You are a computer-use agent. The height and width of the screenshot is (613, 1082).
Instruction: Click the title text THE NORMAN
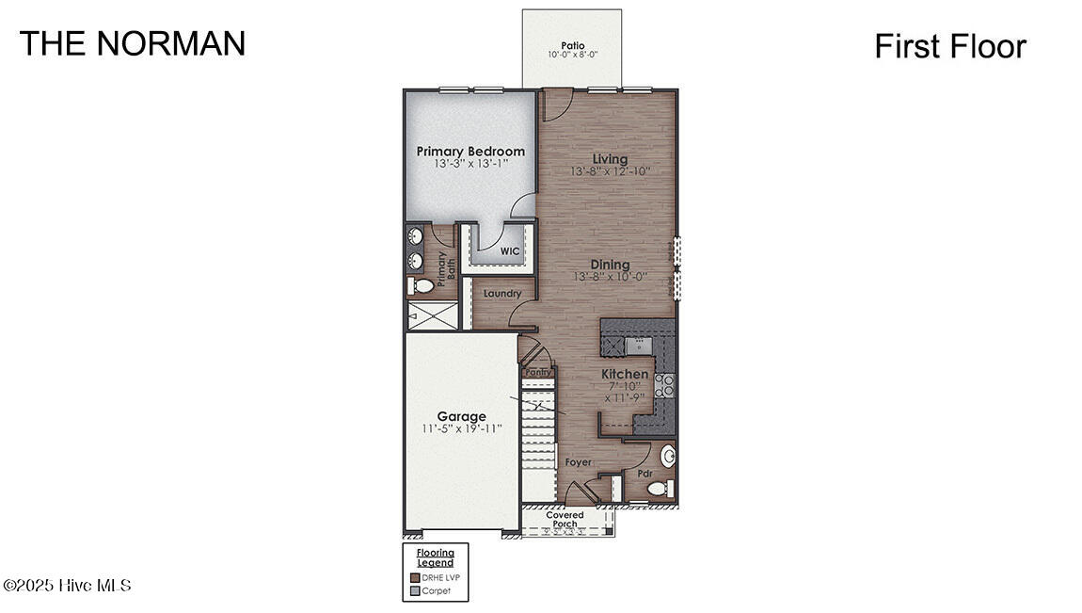(133, 43)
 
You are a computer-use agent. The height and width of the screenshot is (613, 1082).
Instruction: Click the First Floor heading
(949, 46)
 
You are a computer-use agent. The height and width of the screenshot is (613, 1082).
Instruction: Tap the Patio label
(572, 45)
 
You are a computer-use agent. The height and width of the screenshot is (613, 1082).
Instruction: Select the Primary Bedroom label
(470, 152)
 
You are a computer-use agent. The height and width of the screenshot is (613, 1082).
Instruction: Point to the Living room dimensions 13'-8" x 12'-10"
(610, 172)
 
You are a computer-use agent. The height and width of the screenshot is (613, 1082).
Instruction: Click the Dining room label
(610, 265)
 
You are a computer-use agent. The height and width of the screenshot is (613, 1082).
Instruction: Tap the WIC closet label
(509, 251)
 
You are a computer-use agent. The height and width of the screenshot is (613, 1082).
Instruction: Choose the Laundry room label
(502, 294)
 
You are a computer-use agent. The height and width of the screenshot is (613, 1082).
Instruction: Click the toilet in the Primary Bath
(422, 284)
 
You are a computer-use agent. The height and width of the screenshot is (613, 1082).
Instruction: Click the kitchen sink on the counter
(641, 344)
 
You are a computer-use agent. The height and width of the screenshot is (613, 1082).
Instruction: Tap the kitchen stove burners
(664, 383)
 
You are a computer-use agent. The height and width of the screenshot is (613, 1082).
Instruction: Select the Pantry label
(537, 372)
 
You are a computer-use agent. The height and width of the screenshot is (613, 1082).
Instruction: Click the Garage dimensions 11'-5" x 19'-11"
(461, 428)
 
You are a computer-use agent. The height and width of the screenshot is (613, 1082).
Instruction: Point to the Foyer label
(578, 462)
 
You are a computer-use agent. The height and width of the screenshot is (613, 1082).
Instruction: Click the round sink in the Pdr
(669, 458)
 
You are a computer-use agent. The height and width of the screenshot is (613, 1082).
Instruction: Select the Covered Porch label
(565, 520)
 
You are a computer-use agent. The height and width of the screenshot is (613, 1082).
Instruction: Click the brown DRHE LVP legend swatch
(415, 577)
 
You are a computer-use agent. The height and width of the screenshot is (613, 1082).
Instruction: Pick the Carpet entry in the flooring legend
(435, 591)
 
